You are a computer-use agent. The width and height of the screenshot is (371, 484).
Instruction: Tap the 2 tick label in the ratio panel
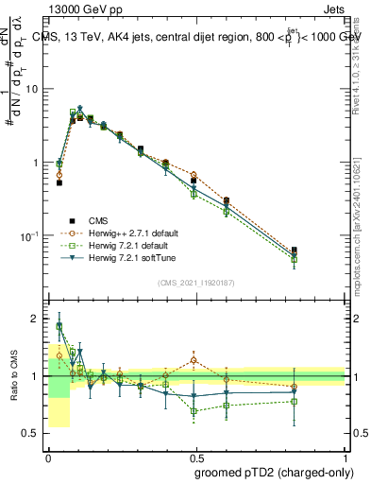tap(36, 320)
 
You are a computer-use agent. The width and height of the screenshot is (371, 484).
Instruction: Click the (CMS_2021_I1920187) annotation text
tap(196, 283)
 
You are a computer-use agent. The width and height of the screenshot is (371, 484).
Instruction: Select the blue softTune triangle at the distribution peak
tap(80, 109)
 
